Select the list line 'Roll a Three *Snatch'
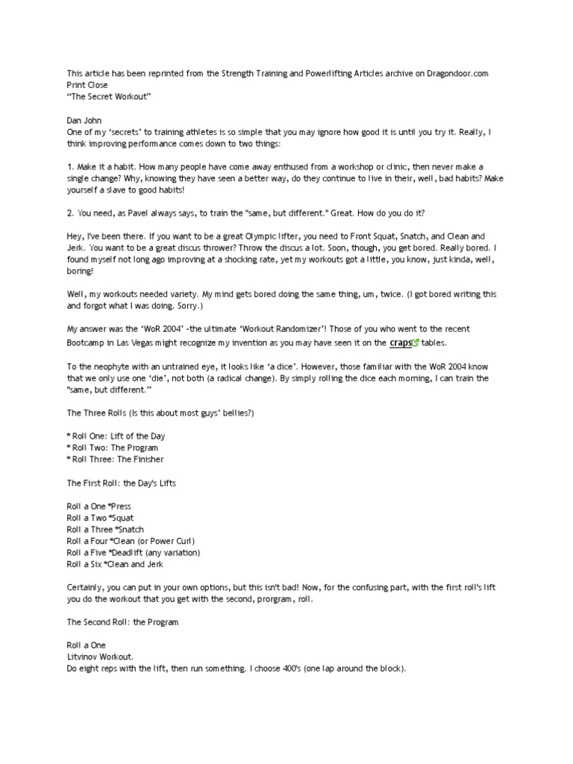coord(105,530)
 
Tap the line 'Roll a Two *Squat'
coord(100,518)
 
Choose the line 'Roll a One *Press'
coord(98,507)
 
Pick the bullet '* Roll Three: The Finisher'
coord(115,460)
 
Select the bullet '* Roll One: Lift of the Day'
coord(116,436)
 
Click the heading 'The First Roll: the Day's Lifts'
coord(121,483)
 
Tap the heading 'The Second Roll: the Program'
coord(122,621)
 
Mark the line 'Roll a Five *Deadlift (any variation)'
coord(134,553)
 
